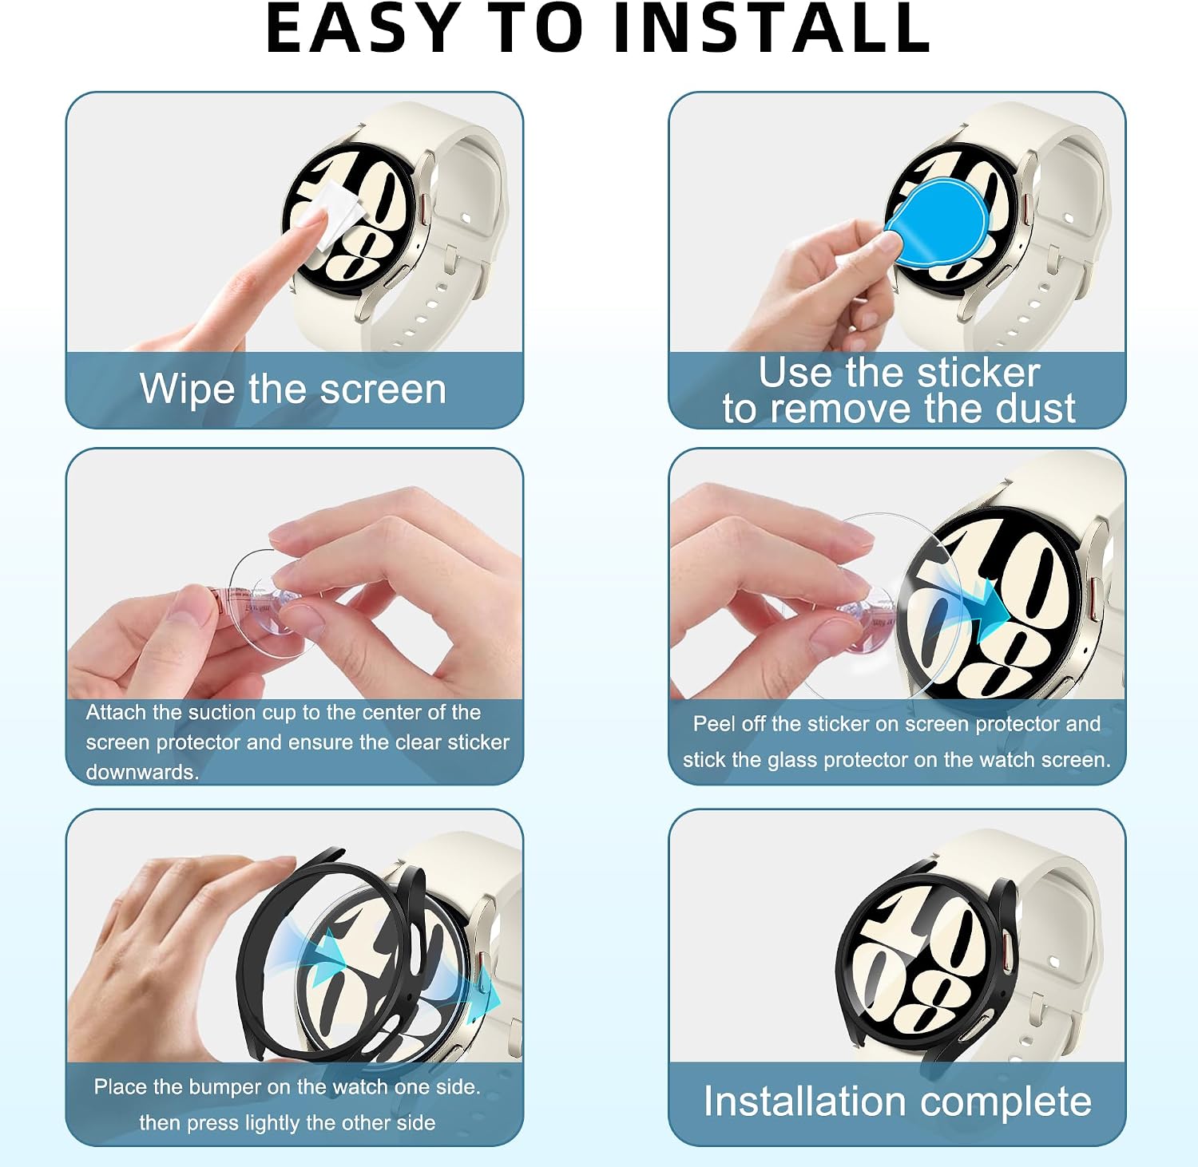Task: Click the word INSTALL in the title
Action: point(772,28)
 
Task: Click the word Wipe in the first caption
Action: point(188,390)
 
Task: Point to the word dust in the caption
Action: point(1036,409)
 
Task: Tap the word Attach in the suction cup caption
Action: point(116,712)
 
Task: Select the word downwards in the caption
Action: point(142,773)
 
